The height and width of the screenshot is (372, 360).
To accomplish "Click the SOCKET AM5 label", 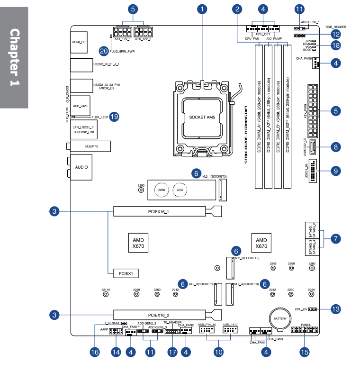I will (x=202, y=117).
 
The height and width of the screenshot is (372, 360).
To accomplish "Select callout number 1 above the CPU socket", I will (x=203, y=9).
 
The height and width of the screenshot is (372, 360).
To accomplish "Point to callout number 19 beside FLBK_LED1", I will (x=114, y=116).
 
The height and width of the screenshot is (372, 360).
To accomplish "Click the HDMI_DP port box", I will (x=79, y=42).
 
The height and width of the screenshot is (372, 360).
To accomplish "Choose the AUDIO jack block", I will (x=79, y=168).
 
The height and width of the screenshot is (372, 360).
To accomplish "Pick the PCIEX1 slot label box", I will (x=126, y=273).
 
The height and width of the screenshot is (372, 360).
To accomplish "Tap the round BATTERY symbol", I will (x=280, y=319).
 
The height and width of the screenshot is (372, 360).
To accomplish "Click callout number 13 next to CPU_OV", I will (x=335, y=309).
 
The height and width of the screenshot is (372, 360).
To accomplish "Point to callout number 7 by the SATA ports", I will (x=335, y=238).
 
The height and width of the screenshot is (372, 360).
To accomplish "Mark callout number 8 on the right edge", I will (x=335, y=147).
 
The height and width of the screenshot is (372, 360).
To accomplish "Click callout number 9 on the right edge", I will (x=335, y=170).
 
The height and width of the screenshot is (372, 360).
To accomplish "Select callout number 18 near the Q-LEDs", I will (x=335, y=45).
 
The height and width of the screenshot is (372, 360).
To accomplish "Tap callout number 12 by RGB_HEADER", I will (x=335, y=34).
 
